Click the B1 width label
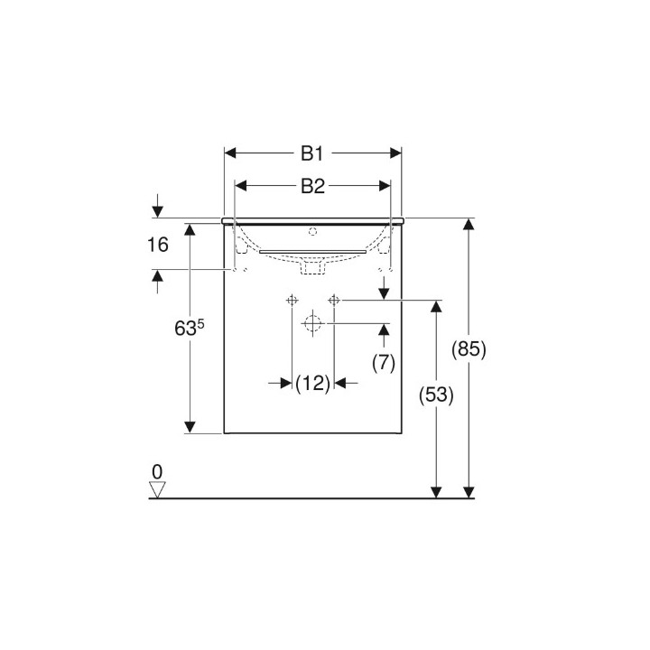(311, 153)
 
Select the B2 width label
(312, 186)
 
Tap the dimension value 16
(157, 245)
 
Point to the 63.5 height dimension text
(190, 328)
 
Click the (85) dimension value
(469, 349)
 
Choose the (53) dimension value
(436, 395)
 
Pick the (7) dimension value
(384, 363)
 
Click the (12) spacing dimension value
(313, 384)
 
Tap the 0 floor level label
(157, 472)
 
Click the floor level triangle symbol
(157, 489)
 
